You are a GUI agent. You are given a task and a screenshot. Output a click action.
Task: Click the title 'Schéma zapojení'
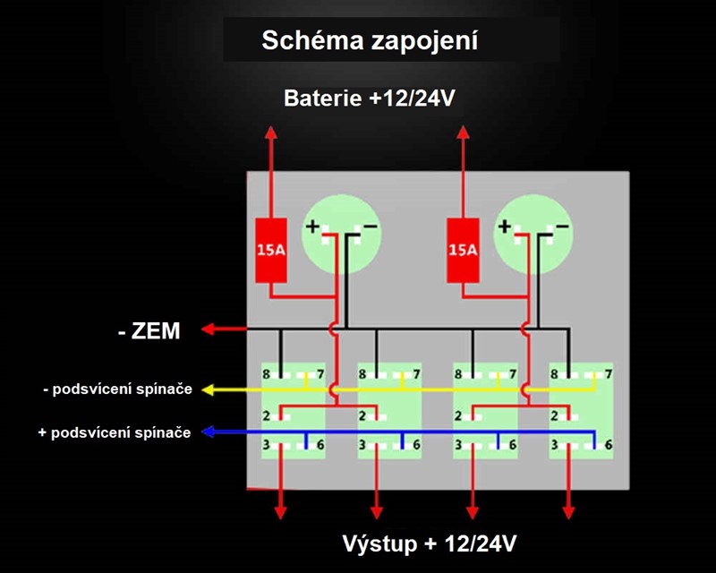[370, 40]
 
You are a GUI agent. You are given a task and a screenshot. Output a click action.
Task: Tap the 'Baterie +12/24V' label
[370, 98]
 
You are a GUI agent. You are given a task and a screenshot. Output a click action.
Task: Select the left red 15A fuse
[271, 250]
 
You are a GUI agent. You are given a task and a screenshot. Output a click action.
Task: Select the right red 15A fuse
[463, 250]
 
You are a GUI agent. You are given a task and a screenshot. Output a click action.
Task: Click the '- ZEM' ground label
[149, 331]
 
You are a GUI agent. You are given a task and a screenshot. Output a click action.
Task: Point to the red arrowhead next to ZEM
[208, 329]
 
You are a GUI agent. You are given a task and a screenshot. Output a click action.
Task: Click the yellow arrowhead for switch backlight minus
[208, 389]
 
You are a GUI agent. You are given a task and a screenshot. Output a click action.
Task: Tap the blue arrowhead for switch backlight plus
[208, 432]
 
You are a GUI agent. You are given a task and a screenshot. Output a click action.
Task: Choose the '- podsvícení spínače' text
[118, 389]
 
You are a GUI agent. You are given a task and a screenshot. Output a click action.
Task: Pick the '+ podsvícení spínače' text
[115, 432]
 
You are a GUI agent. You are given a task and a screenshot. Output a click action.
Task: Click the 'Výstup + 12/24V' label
[430, 543]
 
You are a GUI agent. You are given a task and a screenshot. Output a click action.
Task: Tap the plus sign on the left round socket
[312, 227]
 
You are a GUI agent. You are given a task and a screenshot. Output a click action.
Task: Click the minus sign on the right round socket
[563, 227]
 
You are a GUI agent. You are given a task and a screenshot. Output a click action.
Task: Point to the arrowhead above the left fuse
[271, 133]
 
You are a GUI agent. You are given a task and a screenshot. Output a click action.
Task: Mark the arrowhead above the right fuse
[463, 133]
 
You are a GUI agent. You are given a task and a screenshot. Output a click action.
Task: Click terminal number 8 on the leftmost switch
[266, 374]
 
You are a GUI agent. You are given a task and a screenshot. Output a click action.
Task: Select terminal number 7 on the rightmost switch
[609, 374]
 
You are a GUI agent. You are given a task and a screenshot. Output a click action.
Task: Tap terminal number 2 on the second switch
[362, 416]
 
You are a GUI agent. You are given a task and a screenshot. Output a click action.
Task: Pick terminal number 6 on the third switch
[513, 445]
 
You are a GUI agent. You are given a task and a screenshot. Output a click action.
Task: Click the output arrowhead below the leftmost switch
[280, 513]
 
